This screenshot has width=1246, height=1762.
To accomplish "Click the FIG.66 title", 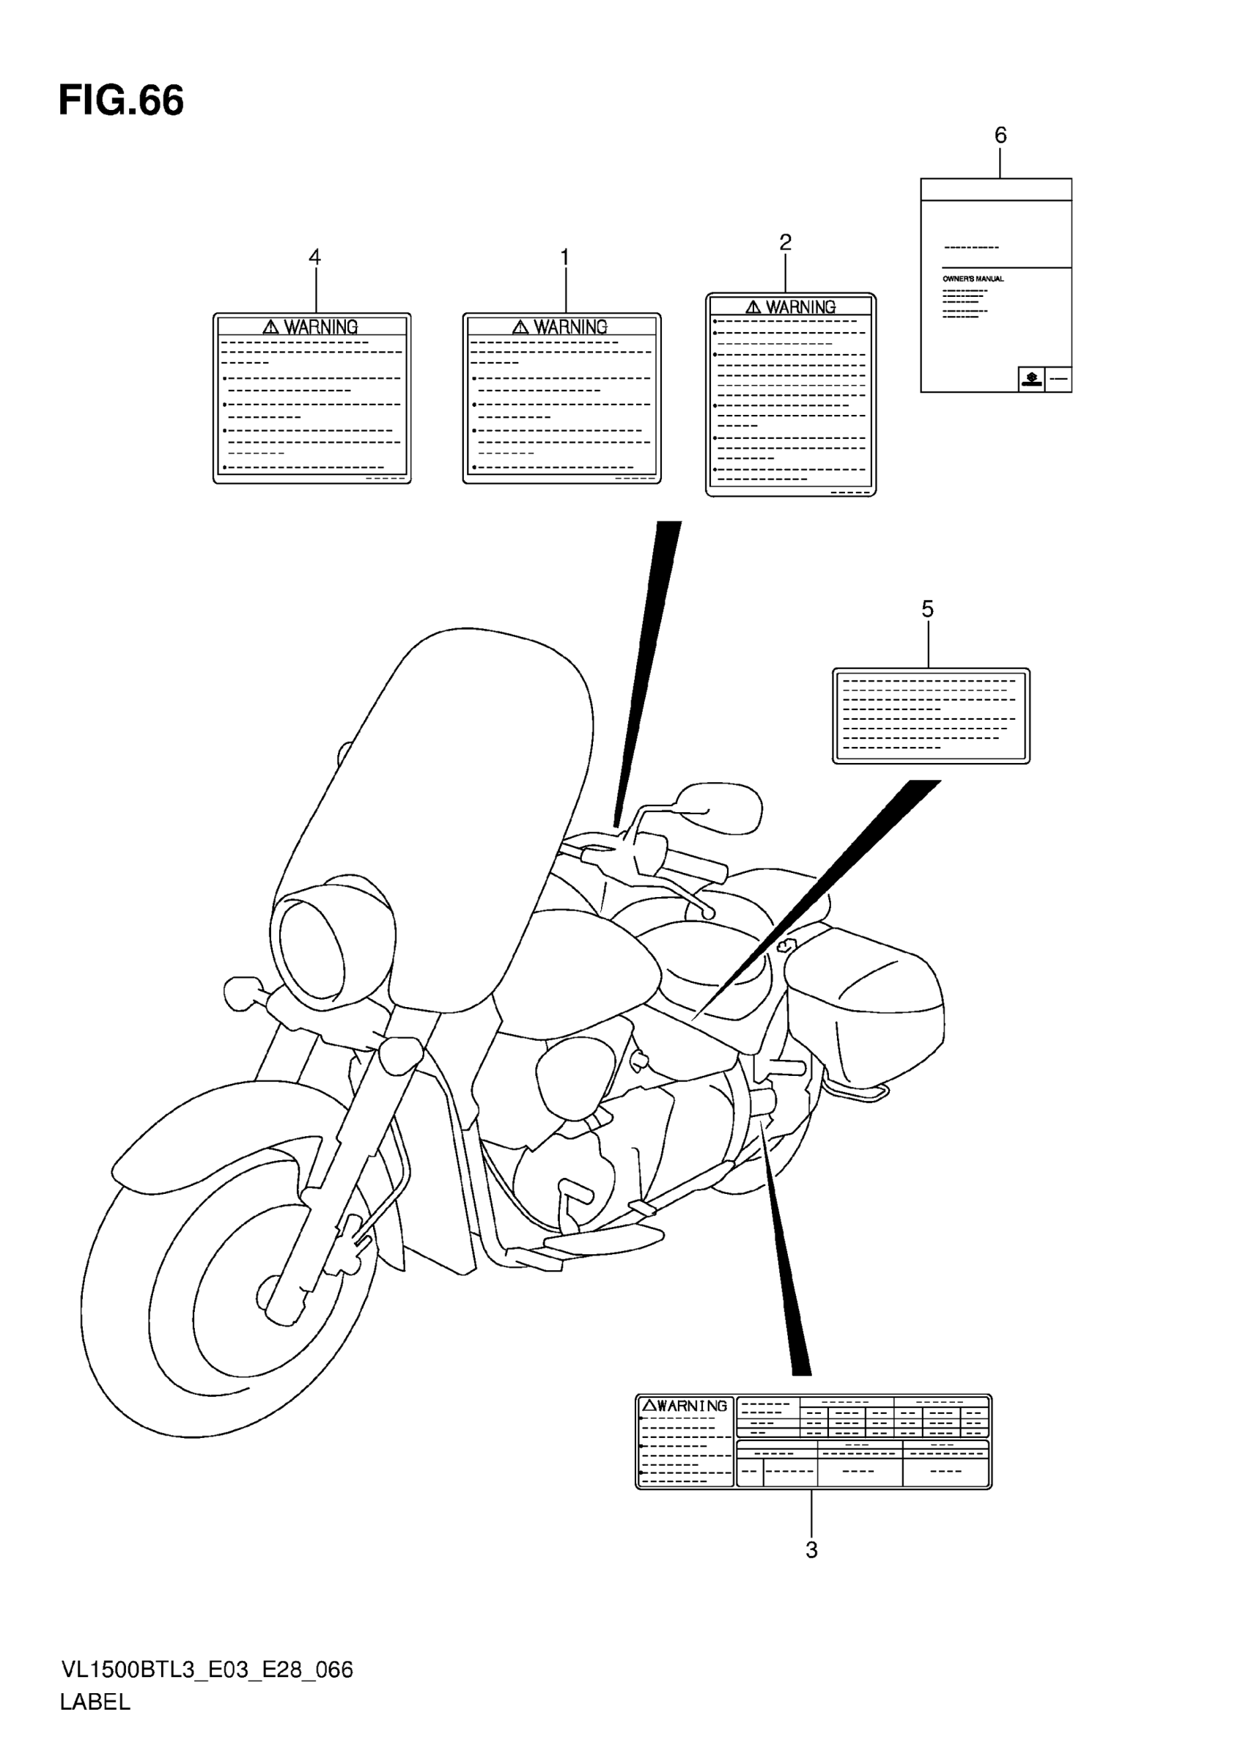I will pyautogui.click(x=121, y=100).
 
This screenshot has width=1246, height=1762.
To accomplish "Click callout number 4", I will pyautogui.click(x=314, y=257).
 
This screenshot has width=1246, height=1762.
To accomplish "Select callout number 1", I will pyautogui.click(x=564, y=257).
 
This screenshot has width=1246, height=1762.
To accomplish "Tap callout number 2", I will pyautogui.click(x=785, y=243).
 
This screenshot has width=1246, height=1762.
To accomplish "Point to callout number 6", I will pyautogui.click(x=1000, y=136).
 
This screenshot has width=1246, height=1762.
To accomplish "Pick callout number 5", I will pyautogui.click(x=928, y=609).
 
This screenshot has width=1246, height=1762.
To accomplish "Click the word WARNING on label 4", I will pyautogui.click(x=321, y=327).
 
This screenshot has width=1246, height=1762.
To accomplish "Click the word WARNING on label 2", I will pyautogui.click(x=800, y=307).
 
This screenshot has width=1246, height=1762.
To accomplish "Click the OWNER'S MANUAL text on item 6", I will pyautogui.click(x=973, y=279).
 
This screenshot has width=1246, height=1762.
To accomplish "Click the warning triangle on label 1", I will pyautogui.click(x=521, y=327).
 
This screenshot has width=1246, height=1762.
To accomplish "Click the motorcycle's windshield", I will pyautogui.click(x=445, y=814).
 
